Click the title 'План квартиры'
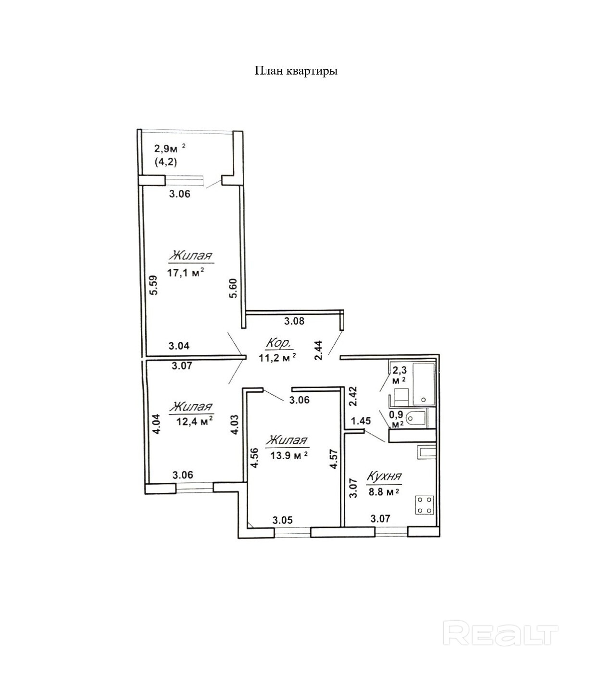[296, 71]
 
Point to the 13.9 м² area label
[288, 455]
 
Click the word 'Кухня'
[384, 476]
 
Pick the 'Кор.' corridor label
[278, 343]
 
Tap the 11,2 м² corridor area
[277, 358]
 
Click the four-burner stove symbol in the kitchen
[424, 505]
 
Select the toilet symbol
[414, 419]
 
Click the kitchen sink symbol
[426, 452]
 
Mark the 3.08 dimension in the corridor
[294, 321]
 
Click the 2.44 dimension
[318, 349]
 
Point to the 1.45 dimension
[361, 421]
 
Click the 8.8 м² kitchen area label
[384, 492]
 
